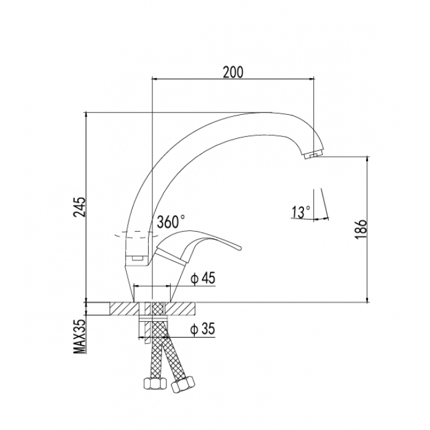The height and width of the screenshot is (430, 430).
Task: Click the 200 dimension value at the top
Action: coord(233,72)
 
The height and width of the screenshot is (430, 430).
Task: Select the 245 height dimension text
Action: coord(80,207)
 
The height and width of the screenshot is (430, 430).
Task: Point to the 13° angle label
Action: coord(301,212)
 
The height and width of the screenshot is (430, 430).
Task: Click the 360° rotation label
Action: coord(171,222)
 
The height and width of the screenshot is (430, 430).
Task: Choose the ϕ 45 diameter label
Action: coord(203,278)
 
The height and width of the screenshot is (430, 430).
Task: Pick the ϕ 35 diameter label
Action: coord(203,329)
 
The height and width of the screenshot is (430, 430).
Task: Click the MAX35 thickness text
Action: coord(80,337)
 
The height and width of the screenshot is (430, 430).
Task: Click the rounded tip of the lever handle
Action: coord(240,249)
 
